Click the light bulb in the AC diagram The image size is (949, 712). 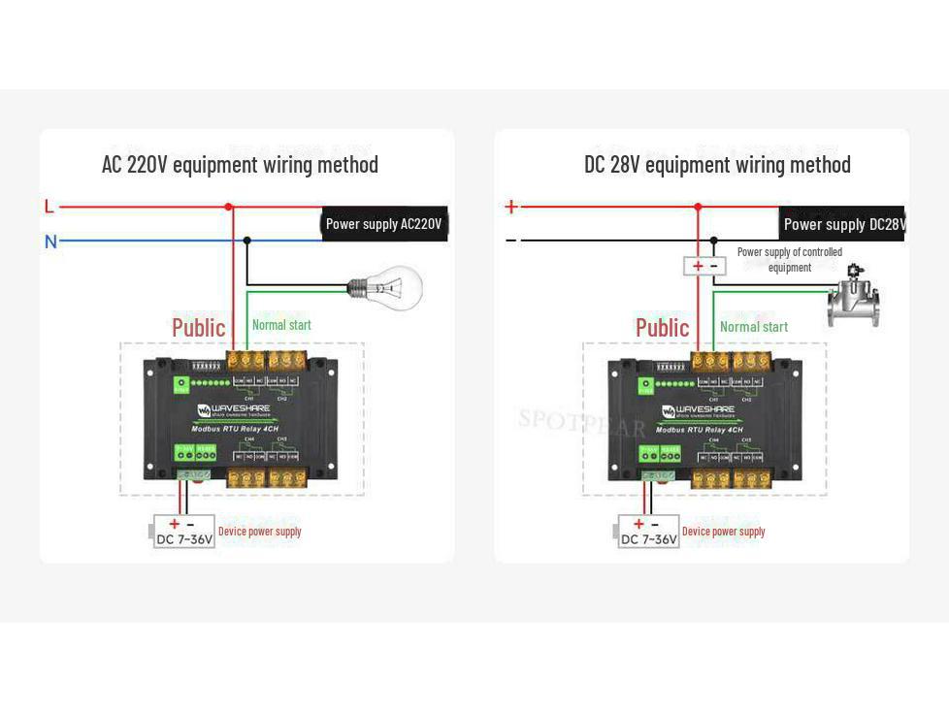[x=390, y=287]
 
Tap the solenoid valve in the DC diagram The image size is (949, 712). [x=853, y=298]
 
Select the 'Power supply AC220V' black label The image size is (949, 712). [x=383, y=224]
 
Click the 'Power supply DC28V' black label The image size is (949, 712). [x=842, y=224]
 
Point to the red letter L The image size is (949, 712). [x=49, y=207]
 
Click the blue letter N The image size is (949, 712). [x=50, y=242]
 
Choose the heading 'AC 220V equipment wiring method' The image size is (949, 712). [x=240, y=164]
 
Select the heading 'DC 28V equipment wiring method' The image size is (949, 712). [x=717, y=164]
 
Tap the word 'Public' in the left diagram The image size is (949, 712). [x=198, y=328]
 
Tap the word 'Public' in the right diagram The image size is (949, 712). [x=662, y=328]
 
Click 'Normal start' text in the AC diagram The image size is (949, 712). [x=281, y=325]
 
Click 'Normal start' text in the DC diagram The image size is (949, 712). [x=754, y=327]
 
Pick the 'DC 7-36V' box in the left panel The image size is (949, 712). [x=184, y=533]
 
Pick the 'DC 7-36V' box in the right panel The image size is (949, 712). [x=648, y=533]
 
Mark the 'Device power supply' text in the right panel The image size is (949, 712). [x=723, y=532]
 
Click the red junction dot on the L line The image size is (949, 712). [x=229, y=207]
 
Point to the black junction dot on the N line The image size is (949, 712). [x=247, y=240]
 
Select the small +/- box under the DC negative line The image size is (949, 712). [x=704, y=266]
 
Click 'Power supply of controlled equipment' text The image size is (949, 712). [x=789, y=259]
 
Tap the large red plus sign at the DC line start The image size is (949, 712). [x=511, y=207]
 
